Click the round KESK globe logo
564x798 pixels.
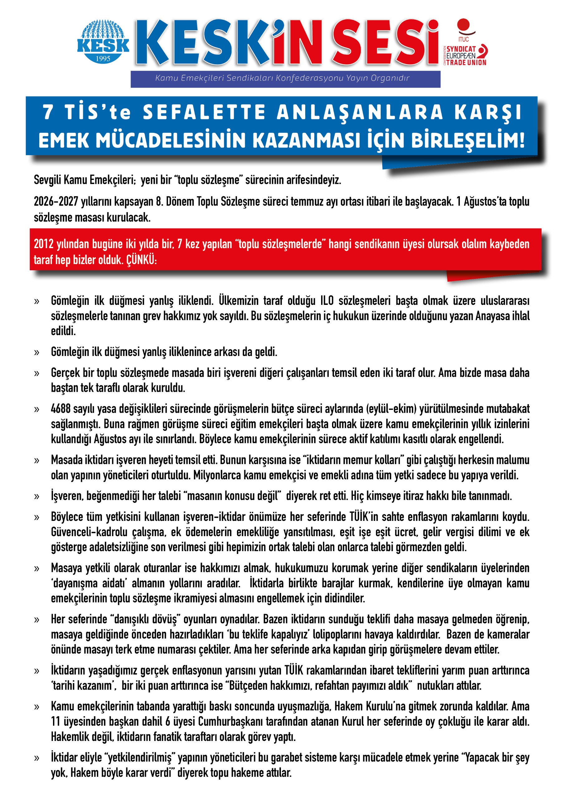103,42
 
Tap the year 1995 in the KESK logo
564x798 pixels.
103,59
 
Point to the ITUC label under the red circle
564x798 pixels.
463,40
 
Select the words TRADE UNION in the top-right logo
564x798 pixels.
466,63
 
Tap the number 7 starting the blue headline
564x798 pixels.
48,112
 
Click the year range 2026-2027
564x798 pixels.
56,202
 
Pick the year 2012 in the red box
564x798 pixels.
44,244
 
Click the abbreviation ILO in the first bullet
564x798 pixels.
326,300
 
